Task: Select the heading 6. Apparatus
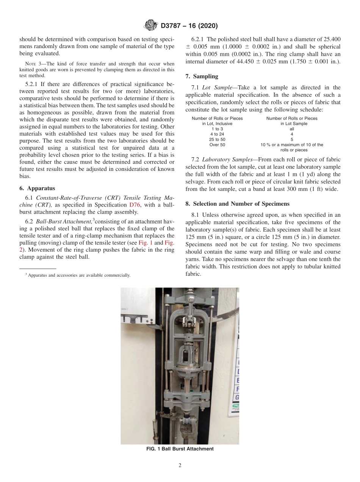click(37, 188)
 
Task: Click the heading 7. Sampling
click(202, 76)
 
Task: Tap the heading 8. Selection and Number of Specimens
click(238, 203)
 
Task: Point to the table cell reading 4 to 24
click(217, 134)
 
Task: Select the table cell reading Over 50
click(217, 145)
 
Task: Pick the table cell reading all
click(291, 129)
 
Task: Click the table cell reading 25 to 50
click(217, 139)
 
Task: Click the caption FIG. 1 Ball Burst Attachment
click(180, 449)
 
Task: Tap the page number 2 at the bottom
click(180, 466)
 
